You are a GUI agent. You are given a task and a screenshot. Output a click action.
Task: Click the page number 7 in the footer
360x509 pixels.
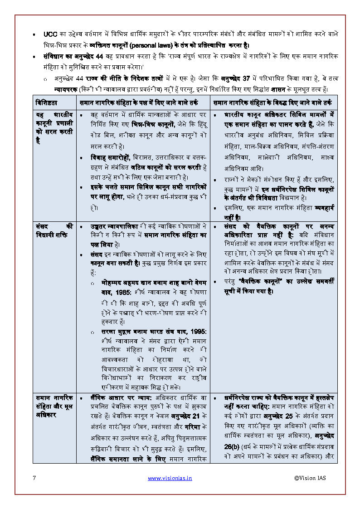34,478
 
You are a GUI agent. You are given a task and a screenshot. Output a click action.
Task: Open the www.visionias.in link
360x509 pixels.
170,478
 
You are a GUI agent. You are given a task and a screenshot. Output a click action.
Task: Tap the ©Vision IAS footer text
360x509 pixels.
310,478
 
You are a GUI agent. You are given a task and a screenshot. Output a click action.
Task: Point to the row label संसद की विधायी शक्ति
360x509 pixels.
54,230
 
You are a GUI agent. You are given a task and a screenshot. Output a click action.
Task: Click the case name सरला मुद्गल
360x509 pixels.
117,332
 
